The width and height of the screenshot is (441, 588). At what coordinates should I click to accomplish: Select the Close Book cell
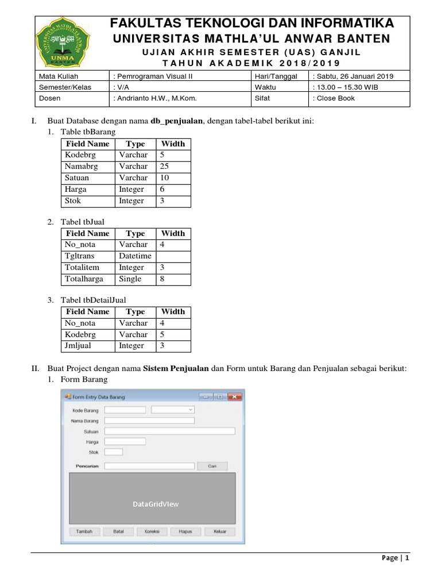(x=334, y=98)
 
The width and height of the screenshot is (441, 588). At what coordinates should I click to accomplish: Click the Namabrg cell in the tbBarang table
(x=82, y=167)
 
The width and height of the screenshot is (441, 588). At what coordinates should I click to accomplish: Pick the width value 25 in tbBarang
(x=164, y=167)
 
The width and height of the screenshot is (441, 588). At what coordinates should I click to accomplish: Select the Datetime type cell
(x=135, y=256)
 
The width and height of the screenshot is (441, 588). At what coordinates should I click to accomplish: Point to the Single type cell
(x=130, y=279)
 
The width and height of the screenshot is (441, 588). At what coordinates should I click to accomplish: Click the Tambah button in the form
(x=84, y=531)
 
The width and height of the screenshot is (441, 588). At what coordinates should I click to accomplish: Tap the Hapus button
(x=185, y=531)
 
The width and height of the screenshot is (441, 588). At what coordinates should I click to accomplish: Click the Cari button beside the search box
(x=212, y=466)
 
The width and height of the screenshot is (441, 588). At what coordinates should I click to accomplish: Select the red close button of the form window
(x=234, y=397)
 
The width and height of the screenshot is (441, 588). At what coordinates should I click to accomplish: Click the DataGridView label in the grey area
(x=156, y=504)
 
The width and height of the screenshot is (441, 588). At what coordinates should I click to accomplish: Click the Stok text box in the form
(x=114, y=452)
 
